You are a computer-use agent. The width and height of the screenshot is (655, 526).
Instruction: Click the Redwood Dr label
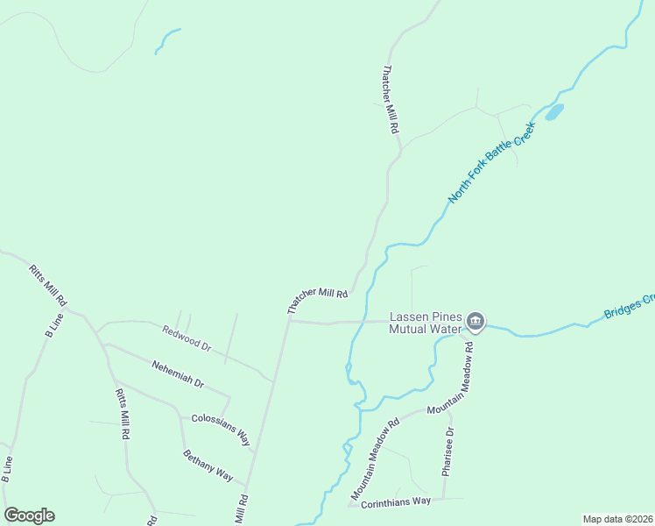coord(187,339)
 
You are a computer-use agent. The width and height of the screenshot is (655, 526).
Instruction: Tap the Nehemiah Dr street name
coord(177,374)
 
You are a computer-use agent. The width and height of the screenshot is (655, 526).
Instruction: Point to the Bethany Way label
coord(208,465)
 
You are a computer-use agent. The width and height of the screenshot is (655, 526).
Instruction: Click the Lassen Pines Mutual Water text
coord(425,323)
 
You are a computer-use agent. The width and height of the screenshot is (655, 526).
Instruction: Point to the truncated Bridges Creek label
coord(629,306)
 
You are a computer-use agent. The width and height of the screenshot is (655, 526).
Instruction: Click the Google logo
coord(29,515)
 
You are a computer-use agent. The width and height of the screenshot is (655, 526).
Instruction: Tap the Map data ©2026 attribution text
coord(617,519)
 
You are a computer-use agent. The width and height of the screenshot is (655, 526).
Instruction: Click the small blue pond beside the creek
coord(553,112)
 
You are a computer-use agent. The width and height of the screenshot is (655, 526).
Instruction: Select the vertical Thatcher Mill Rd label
coord(391,99)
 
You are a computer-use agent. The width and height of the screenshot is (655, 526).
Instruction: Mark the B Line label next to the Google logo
coord(8,469)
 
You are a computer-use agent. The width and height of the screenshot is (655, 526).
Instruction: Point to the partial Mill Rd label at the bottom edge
coord(241,509)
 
